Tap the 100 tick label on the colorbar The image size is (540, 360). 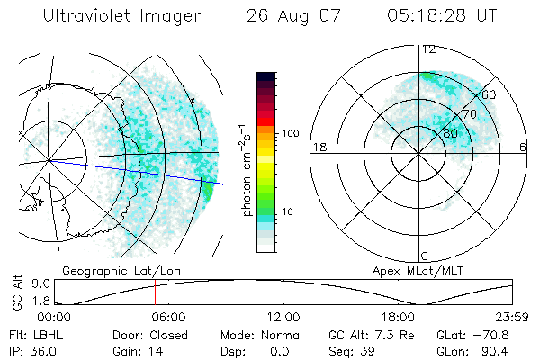289,133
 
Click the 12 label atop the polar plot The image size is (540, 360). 429,49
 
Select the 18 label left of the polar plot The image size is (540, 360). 318,148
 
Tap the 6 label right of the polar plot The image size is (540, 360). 523,148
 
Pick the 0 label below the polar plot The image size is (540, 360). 424,256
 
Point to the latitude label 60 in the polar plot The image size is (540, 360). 489,94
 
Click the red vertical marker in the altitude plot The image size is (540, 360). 155,292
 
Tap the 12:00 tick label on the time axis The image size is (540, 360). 283,317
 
